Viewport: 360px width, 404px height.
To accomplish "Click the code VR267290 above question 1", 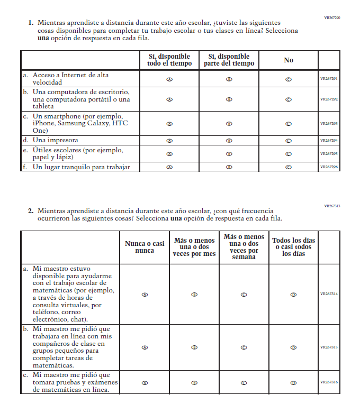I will click(x=332, y=18).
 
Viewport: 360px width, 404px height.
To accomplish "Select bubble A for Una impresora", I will click(x=169, y=141).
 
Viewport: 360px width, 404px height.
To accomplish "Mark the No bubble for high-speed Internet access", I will click(x=289, y=79).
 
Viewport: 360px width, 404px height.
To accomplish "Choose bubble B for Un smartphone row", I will click(x=229, y=124).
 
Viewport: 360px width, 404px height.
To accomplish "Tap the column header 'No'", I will click(x=289, y=60).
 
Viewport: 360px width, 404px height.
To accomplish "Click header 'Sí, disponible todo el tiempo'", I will click(x=169, y=60).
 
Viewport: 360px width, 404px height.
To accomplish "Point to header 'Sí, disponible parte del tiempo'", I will click(x=229, y=60).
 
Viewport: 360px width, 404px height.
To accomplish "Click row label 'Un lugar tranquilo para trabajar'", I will click(x=80, y=167).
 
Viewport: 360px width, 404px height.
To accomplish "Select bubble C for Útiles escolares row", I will click(x=289, y=154).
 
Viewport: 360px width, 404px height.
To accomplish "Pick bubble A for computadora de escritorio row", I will click(x=169, y=99).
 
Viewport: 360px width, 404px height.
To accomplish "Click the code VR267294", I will click(x=329, y=141).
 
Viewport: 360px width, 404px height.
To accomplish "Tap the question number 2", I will click(x=31, y=210).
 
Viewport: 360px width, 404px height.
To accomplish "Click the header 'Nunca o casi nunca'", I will click(x=145, y=247).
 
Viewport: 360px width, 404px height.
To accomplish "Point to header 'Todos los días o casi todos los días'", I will click(x=293, y=247).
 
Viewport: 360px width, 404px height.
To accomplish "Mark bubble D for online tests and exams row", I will click(x=293, y=383).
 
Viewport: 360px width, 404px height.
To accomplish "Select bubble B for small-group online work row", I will click(x=194, y=347).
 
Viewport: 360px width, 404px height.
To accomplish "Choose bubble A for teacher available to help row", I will click(x=145, y=295).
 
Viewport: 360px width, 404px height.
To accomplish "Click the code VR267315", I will click(x=329, y=347).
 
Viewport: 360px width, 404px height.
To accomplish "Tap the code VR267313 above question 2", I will click(x=332, y=206).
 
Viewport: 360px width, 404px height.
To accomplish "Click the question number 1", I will click(x=31, y=23).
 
